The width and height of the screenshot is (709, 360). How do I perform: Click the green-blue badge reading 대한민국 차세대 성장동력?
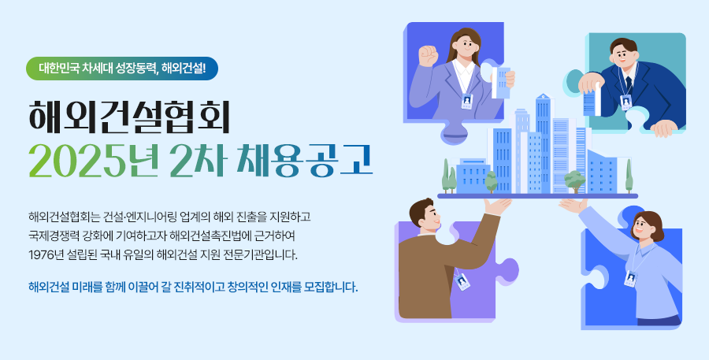click(122, 69)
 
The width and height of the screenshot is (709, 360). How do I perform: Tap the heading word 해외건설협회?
click(130, 117)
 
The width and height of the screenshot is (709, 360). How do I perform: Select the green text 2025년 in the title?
click(94, 161)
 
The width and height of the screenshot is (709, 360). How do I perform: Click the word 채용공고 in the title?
click(305, 161)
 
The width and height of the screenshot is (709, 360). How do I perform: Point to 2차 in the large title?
click(197, 161)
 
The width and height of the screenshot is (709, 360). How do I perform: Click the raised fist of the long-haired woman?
click(429, 55)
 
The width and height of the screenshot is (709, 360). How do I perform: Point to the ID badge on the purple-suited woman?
click(466, 102)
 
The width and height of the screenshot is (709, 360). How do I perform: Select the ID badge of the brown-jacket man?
click(462, 280)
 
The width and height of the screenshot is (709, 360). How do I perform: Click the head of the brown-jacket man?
click(425, 215)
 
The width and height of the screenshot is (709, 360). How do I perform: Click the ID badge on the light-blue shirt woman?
click(630, 279)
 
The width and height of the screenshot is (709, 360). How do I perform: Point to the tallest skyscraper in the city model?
click(543, 143)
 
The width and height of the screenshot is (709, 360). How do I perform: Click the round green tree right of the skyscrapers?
click(575, 180)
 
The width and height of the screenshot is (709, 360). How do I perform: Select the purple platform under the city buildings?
click(537, 196)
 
